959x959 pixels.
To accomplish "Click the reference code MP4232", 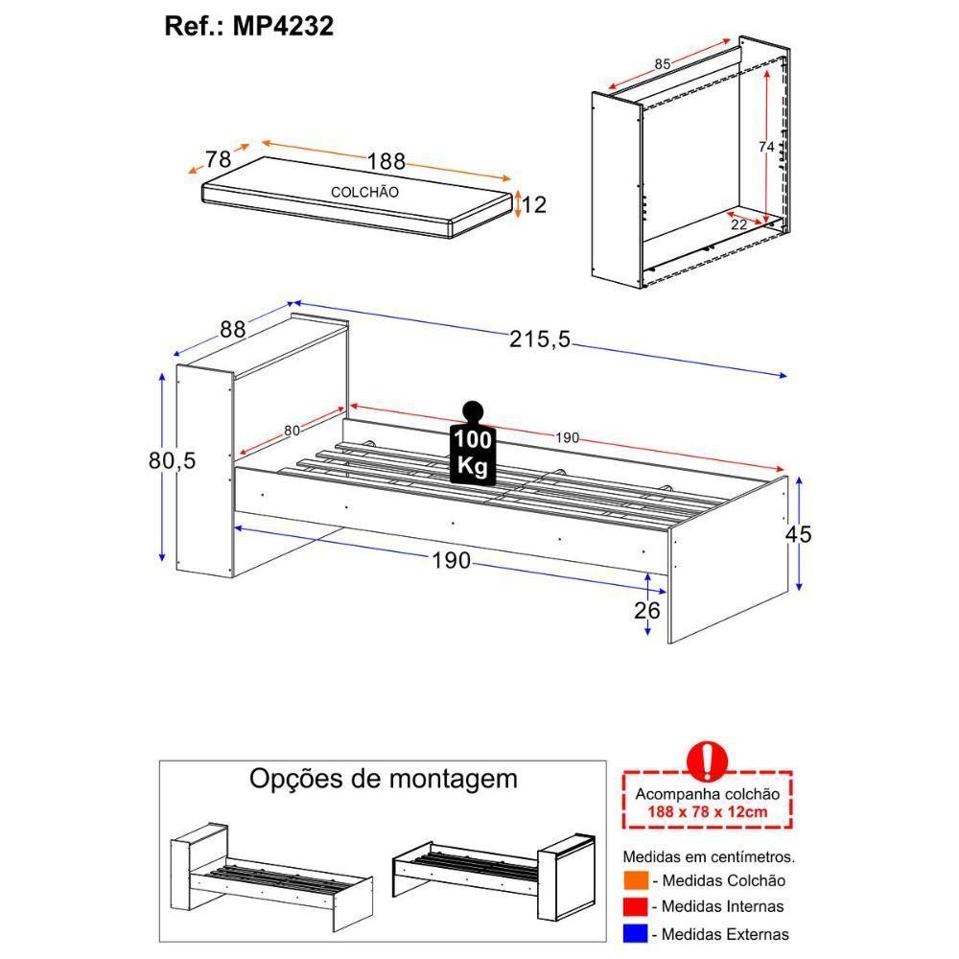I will click(282, 26).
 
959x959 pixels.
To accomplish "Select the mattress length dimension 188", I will click(386, 161).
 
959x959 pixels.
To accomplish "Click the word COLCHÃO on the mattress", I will click(365, 192).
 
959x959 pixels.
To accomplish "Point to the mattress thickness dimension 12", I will click(535, 203).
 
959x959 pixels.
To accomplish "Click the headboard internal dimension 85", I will click(662, 64).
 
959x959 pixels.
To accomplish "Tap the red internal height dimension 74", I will click(765, 147).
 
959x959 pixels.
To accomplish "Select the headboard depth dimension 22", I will click(738, 223).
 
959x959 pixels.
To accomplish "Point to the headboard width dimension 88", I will click(233, 329).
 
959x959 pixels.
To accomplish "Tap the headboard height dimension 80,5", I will click(173, 461).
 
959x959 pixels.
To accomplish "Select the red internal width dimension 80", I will click(291, 432).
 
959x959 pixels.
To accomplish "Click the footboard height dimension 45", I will click(798, 534).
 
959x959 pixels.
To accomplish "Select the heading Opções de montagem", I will click(383, 778).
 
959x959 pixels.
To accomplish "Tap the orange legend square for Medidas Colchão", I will click(636, 880).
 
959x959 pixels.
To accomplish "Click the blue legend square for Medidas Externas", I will click(636, 933).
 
